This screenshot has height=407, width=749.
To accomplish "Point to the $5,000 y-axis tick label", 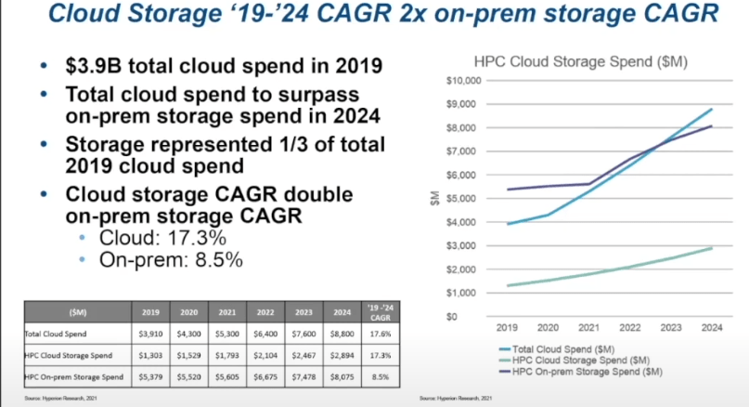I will (x=462, y=199).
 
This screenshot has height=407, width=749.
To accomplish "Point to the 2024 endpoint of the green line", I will (x=712, y=248).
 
